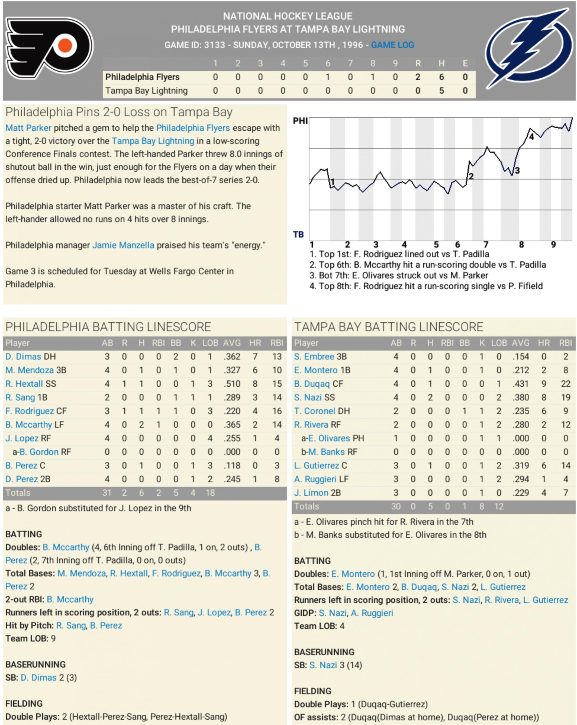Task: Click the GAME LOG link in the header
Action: (x=392, y=45)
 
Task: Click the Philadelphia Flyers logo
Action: (x=49, y=48)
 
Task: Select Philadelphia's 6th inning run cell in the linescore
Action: (x=328, y=77)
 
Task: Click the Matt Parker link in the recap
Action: (x=28, y=128)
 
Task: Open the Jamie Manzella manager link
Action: (x=123, y=245)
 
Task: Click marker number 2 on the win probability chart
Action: (x=471, y=176)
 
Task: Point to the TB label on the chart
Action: (x=298, y=234)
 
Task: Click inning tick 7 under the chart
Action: (x=486, y=245)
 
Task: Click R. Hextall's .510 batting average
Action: (x=232, y=384)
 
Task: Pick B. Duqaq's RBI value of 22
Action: (x=565, y=384)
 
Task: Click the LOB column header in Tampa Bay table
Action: (x=499, y=343)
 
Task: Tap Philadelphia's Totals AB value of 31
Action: (x=107, y=493)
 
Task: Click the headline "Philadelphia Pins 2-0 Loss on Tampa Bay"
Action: (x=119, y=112)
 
